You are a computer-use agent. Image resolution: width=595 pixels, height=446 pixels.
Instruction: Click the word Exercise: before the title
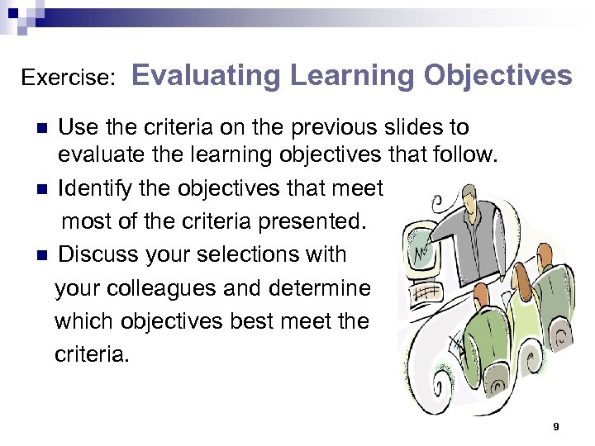coord(68,78)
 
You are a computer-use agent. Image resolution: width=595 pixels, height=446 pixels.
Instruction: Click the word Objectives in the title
coord(498,76)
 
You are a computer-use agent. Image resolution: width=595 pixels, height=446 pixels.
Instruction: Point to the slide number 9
coord(556,426)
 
